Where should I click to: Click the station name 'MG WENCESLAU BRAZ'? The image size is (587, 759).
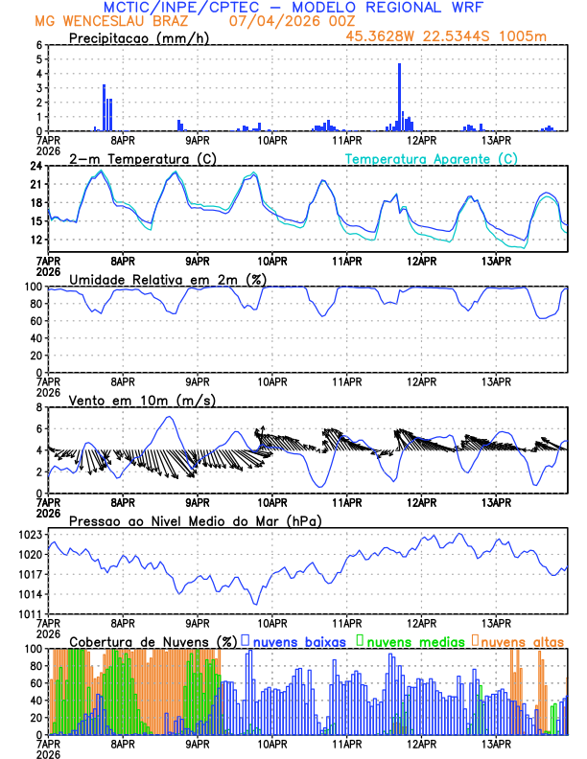(97, 21)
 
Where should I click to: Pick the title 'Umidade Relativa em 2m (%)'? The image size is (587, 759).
(167, 279)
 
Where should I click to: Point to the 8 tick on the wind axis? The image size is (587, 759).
(42, 407)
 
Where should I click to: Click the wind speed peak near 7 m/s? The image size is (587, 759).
(170, 417)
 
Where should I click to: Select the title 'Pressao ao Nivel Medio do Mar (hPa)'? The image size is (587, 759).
(196, 520)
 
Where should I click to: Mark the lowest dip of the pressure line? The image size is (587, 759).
(256, 603)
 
